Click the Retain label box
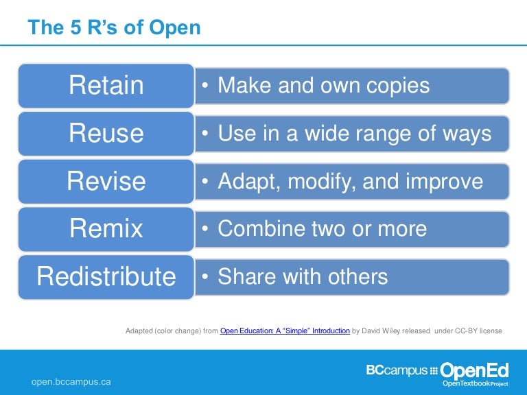106,86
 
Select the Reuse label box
106,134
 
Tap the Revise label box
106,182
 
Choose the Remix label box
106,229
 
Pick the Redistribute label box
106,277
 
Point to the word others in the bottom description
354,277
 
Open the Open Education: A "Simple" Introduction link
285,331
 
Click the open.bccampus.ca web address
71,381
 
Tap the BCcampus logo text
397,371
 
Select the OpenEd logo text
474,371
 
